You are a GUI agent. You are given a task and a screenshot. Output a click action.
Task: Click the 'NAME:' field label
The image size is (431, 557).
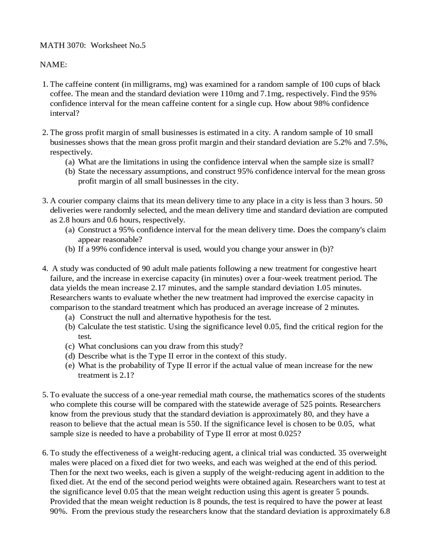coord(53,65)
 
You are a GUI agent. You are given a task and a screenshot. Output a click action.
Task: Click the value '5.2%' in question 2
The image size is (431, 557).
coord(342,142)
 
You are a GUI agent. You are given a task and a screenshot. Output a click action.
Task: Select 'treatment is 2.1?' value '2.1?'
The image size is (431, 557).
coord(127,375)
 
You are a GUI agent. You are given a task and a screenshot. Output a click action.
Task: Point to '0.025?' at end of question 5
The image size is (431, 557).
coord(290,434)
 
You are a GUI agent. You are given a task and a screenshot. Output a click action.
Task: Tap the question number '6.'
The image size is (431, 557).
coord(45,453)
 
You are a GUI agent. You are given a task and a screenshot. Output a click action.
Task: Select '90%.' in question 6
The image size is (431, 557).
coord(59,512)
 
